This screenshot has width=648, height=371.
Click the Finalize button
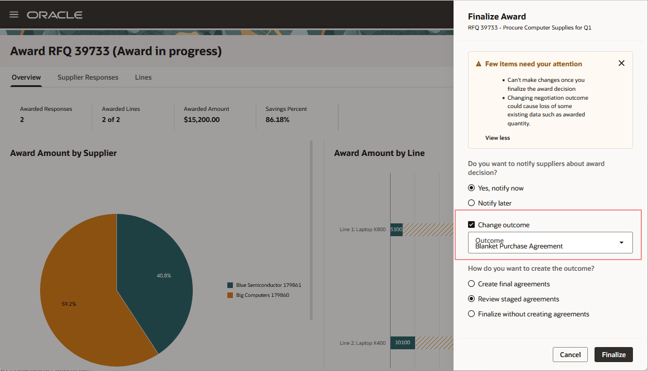click(613, 354)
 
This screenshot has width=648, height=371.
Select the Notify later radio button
click(471, 203)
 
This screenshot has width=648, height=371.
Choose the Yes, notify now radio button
click(471, 188)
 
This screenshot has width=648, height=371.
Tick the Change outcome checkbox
click(471, 225)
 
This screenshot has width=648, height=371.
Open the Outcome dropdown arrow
click(621, 243)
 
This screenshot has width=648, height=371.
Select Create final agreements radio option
click(471, 284)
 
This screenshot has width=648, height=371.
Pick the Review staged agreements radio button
click(471, 299)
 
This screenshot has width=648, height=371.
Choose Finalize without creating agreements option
click(471, 314)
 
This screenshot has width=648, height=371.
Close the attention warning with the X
click(621, 64)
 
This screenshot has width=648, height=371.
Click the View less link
click(497, 138)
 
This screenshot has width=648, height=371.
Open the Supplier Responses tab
click(88, 77)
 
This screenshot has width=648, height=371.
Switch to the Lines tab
click(143, 77)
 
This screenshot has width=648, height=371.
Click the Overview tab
click(26, 77)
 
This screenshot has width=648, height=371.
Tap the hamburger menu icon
click(14, 14)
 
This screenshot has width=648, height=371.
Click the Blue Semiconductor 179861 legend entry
click(268, 285)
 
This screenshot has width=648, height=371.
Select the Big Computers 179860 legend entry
click(262, 295)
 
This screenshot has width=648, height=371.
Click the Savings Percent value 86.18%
click(277, 120)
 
